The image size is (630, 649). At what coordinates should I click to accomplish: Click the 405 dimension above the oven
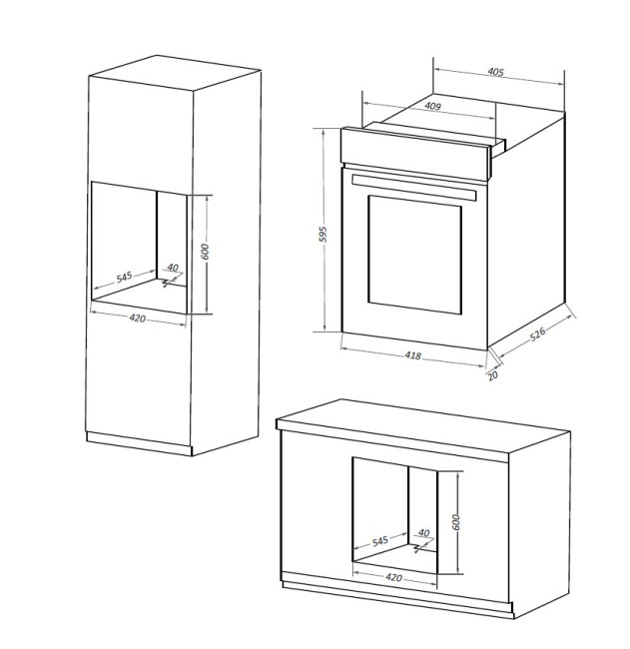[496, 72]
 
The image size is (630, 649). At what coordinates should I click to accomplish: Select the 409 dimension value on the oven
[432, 105]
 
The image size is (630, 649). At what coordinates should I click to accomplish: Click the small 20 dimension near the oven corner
[492, 375]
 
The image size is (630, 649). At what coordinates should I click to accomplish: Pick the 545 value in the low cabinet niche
[379, 541]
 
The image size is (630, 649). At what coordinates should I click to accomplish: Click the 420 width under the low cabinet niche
[394, 577]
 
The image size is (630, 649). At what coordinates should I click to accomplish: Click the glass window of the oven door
[414, 252]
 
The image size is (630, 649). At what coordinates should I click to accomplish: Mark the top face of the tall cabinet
[175, 75]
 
